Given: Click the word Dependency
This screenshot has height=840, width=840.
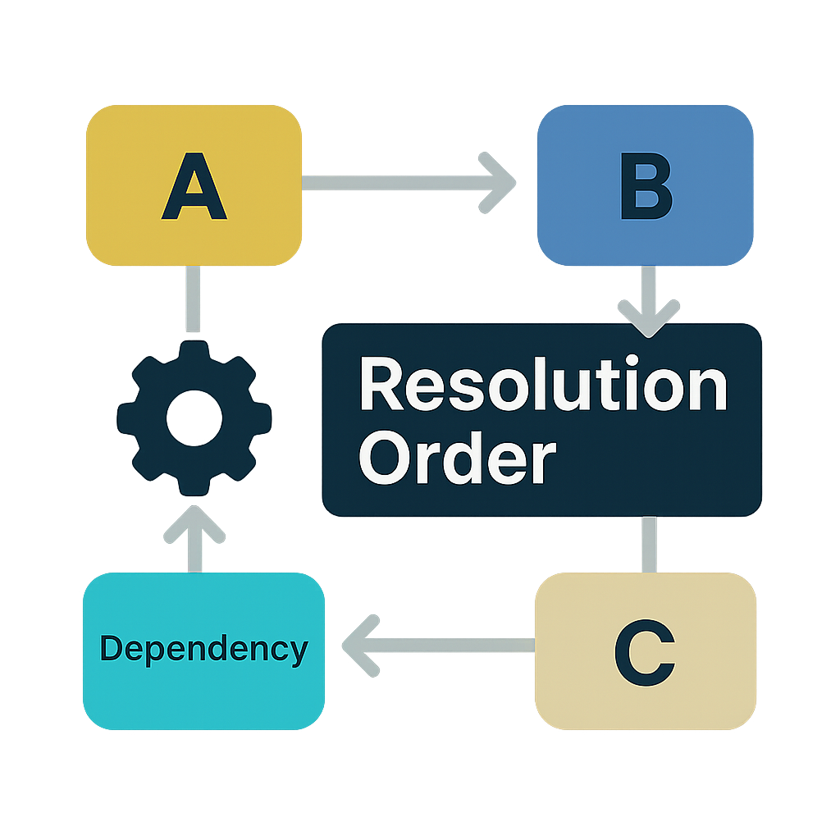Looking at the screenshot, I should pos(204,650).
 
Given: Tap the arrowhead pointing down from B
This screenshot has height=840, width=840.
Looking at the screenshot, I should pos(648,317).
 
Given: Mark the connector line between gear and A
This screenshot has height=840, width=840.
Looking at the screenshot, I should pos(194,299).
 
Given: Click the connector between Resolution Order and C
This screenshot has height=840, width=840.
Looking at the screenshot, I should pos(648,544).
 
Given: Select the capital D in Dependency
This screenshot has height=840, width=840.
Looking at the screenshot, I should pos(110,648).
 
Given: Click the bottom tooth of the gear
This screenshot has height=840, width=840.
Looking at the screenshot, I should pos(194,485).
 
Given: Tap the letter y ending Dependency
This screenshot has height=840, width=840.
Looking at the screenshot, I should pos(299,653).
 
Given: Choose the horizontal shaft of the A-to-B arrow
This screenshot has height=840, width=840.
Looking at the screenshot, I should pos(394,183).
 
